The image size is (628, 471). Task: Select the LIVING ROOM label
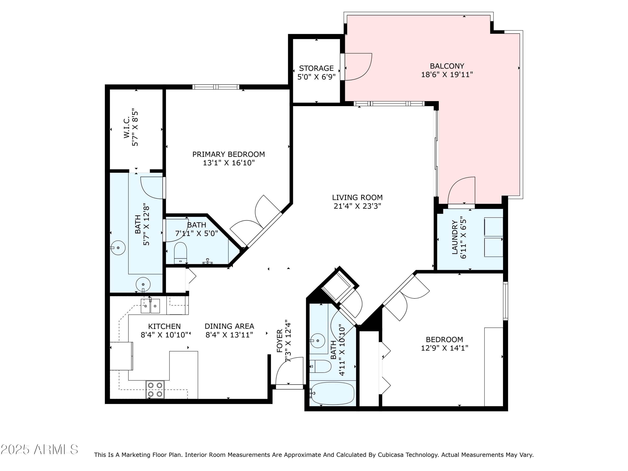click(x=357, y=198)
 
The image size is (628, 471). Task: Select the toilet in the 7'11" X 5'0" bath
click(x=180, y=251)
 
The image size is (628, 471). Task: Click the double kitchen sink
click(x=150, y=306)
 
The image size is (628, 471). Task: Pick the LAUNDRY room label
click(x=455, y=237)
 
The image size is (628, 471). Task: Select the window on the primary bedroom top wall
click(x=216, y=87)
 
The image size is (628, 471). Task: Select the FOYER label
click(x=280, y=345)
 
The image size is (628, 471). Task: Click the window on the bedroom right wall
click(x=505, y=301)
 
